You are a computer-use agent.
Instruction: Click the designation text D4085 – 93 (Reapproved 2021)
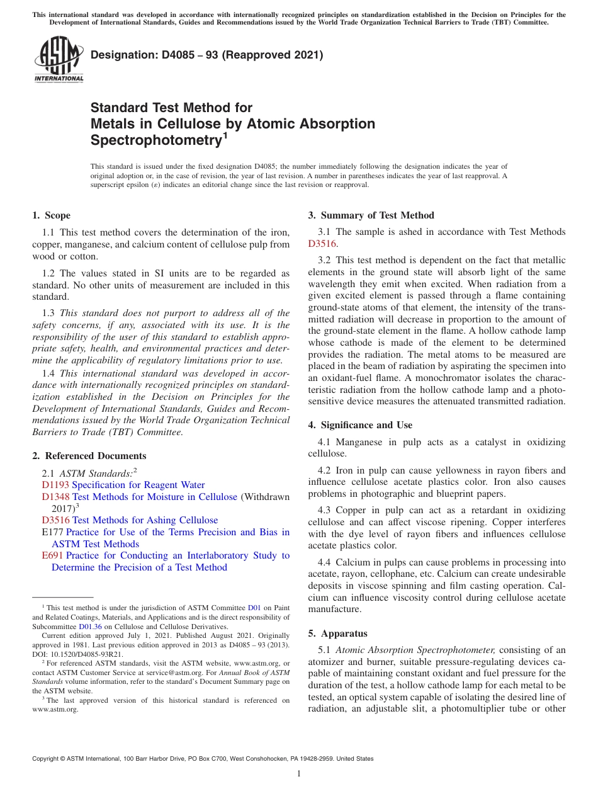(x=206, y=55)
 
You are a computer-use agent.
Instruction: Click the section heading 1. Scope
(x=51, y=216)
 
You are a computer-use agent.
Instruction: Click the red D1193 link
(x=55, y=485)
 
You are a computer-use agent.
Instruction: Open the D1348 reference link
(x=55, y=497)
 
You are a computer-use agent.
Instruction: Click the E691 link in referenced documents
(x=52, y=555)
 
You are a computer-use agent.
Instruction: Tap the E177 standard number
(x=52, y=532)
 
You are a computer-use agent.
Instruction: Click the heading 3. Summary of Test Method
(x=371, y=216)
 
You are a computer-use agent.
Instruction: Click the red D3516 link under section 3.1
(x=322, y=244)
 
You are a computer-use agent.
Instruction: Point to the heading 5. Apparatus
(x=337, y=633)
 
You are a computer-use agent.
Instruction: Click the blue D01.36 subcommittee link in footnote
(x=89, y=627)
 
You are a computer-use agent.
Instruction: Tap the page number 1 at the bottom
(x=299, y=774)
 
